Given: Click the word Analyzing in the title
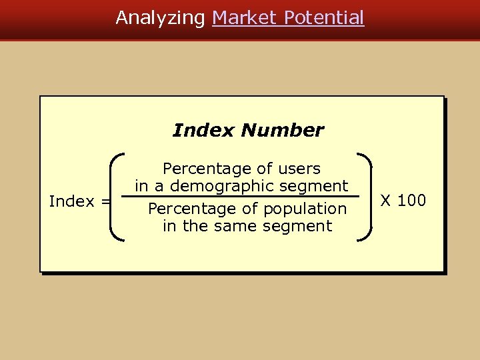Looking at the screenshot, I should click(x=161, y=18).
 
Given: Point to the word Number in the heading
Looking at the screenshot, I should click(x=283, y=130).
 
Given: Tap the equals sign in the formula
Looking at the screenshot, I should click(x=105, y=201).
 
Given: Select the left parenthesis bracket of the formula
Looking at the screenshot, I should click(x=117, y=196).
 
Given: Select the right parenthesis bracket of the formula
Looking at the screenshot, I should click(x=366, y=196).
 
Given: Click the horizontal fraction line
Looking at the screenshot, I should click(x=247, y=197).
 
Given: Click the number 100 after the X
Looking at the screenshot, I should click(x=412, y=201).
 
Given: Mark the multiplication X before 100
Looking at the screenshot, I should click(x=385, y=201).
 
